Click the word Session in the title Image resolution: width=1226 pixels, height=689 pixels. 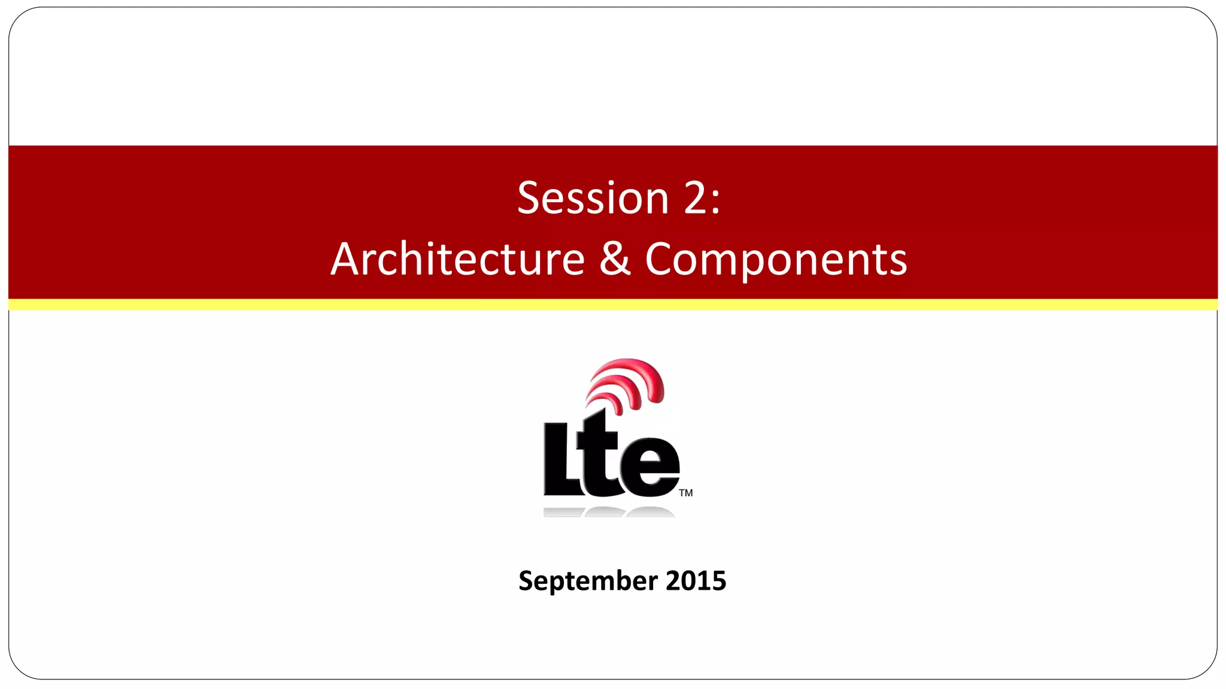(593, 198)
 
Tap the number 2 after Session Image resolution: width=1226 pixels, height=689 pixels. (695, 198)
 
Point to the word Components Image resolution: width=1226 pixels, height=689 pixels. (776, 260)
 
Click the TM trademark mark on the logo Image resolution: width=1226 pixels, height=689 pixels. (686, 493)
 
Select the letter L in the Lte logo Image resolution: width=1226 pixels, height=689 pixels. (560, 461)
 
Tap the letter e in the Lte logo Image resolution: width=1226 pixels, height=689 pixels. (650, 467)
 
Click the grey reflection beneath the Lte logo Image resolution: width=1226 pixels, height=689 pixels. (608, 512)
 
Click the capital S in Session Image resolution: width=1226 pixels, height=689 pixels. (529, 198)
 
